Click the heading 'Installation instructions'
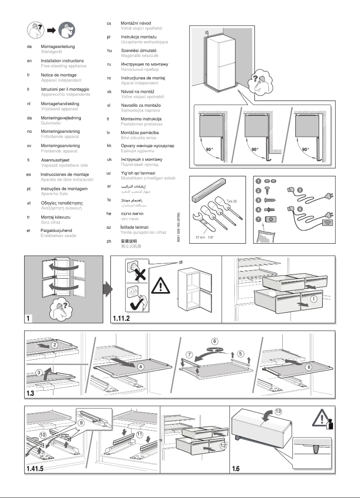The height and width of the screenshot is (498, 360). click(x=62, y=61)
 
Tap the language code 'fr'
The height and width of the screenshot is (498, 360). click(x=29, y=75)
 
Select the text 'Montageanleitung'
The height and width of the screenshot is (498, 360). click(x=57, y=47)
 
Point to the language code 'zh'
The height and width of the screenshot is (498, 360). click(x=109, y=241)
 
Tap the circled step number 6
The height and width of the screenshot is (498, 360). click(x=215, y=341)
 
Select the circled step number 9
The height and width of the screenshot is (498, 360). click(x=81, y=422)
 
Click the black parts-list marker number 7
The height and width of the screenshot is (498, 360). click(x=258, y=219)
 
